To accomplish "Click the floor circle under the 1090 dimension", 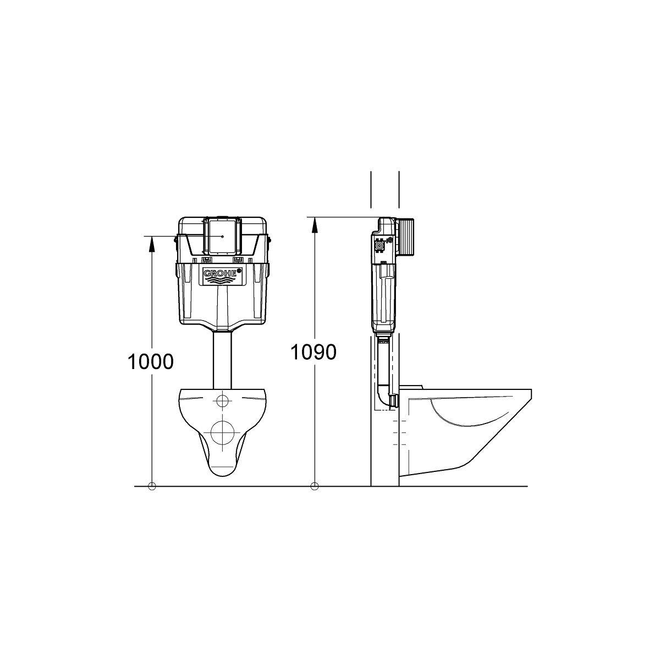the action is point(315,486).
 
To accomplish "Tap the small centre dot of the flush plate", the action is point(223,237).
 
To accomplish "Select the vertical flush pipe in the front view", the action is point(222,359).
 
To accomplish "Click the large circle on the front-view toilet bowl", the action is point(222,432).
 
